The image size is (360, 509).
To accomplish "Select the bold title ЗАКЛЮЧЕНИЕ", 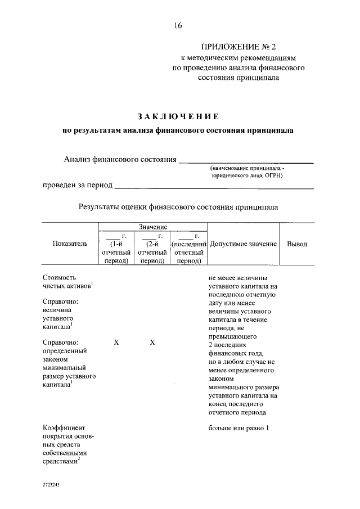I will click(178, 116).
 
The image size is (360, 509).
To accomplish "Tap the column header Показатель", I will click(70, 244).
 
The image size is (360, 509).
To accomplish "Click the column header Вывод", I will click(297, 244).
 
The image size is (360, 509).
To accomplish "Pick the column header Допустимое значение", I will click(243, 244).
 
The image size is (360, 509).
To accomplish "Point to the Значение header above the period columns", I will click(153, 226).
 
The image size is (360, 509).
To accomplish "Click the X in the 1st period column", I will click(116, 342).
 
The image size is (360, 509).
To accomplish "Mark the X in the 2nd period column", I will click(152, 342).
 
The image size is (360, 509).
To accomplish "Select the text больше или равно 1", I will click(239, 428).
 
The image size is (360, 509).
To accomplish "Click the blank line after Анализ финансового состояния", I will click(246, 162).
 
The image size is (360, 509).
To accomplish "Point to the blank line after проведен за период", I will click(214, 187).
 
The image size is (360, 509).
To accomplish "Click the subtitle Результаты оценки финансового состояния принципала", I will click(178, 207).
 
